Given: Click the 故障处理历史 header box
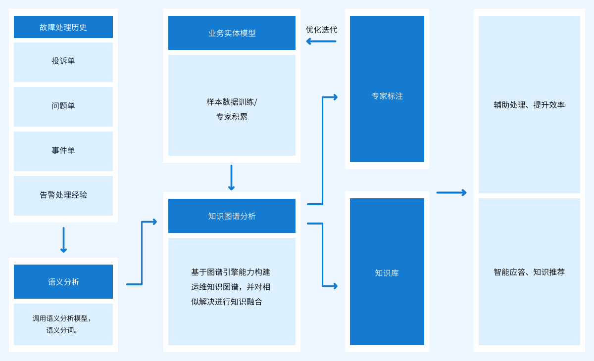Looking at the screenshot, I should coord(63,27).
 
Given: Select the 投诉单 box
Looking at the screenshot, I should coord(63,61).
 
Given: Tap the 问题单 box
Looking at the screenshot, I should coord(63,106).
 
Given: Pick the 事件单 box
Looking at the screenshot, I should coord(63,151).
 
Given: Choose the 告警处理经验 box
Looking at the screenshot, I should coord(63,195).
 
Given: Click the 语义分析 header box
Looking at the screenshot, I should coord(63,282).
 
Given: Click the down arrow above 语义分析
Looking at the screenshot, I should coord(63,240).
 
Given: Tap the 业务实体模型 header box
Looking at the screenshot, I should coord(232,33).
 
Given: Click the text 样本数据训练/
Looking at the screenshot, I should coord(232,102).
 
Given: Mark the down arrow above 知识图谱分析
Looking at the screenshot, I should coord(231,178).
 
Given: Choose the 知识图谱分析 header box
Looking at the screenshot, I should coord(232,216).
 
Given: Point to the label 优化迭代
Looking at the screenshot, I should coord(321,30).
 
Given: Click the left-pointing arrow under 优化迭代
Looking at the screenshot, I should coord(321,42).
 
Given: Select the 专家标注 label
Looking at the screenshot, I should coord(387,96).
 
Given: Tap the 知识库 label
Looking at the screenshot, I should coord(387,273).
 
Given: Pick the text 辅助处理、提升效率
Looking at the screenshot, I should coord(529,105).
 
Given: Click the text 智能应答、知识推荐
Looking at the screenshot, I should coord(529,272).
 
